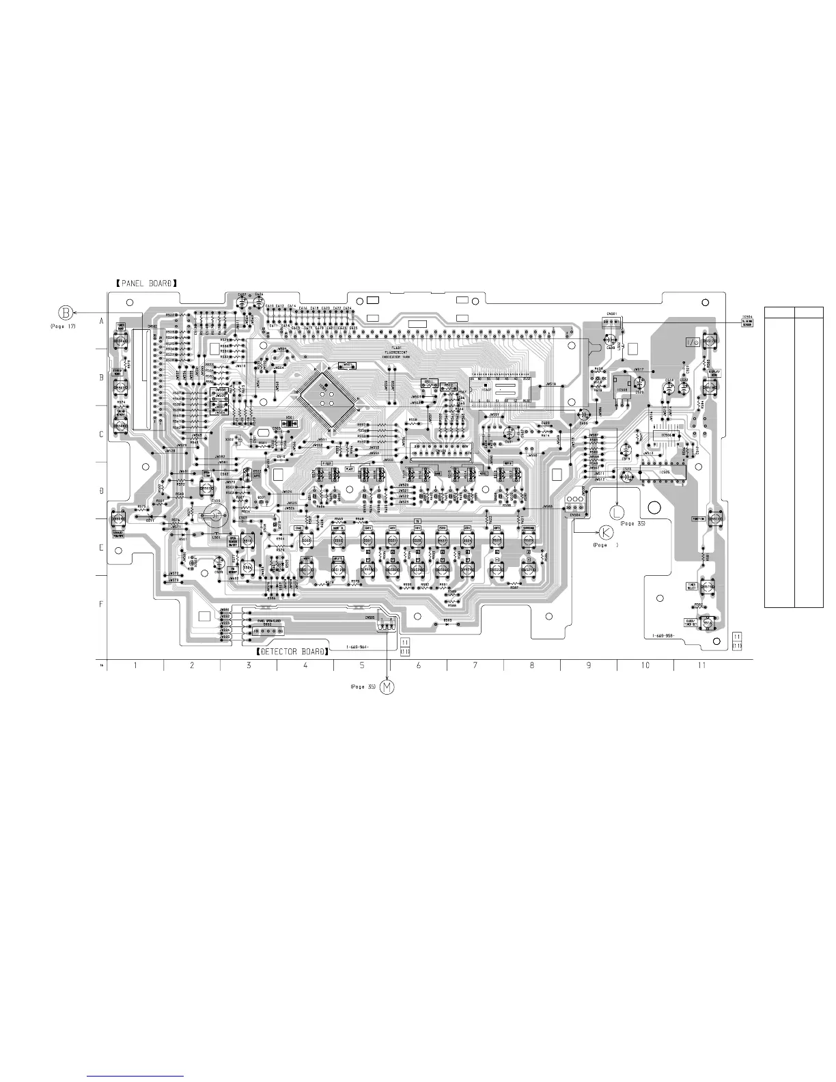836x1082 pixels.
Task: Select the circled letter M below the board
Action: [387, 686]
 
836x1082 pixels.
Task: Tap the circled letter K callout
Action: [606, 533]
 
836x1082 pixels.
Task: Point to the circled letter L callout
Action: [617, 512]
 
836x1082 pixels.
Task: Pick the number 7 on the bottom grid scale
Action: [475, 665]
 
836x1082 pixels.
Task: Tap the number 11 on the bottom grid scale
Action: [701, 665]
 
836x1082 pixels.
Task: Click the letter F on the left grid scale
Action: [101, 605]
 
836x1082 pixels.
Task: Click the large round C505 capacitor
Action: [215, 516]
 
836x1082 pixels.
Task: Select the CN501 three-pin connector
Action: [610, 320]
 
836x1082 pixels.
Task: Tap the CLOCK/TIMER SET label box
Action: [691, 622]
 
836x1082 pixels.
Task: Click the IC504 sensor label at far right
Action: [747, 320]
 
